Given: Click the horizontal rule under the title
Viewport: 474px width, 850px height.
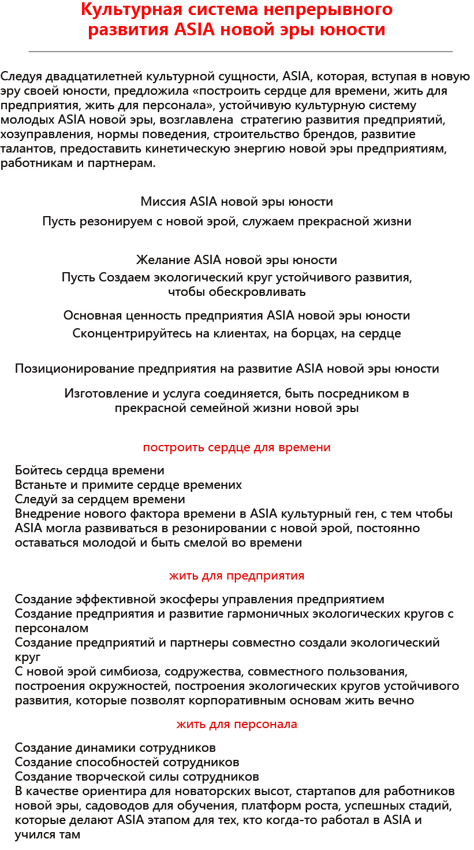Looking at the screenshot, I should (240, 51).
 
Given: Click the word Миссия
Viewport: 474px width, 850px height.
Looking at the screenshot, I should (163, 202).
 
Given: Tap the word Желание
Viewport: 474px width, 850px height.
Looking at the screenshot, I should (163, 260).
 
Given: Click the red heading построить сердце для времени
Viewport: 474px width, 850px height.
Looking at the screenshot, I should (237, 447).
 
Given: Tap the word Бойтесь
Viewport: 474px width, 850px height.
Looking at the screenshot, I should (37, 470).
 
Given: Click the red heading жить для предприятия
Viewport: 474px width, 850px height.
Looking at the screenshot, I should (237, 576).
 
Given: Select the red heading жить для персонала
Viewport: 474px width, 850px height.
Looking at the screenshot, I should (237, 724).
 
